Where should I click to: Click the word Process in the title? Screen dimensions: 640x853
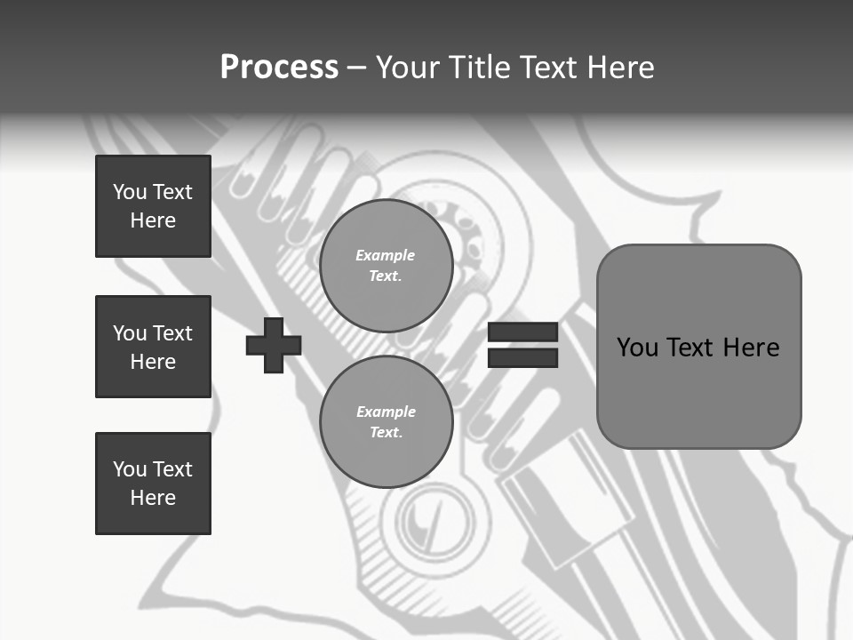279,68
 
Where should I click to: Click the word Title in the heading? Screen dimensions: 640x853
476,68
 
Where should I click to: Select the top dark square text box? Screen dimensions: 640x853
153,206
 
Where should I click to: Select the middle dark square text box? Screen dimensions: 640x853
153,347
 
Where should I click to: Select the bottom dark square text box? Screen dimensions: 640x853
153,484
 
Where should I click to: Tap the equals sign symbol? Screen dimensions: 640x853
522,346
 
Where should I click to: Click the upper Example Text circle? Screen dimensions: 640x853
387,266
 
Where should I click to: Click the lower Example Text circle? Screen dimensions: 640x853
387,422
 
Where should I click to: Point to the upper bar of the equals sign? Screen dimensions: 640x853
522,332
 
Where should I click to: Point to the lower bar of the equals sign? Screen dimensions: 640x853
522,358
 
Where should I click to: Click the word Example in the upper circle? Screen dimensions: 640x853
385,255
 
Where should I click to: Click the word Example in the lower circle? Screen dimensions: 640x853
386,412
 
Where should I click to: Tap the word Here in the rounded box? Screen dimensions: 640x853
751,347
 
